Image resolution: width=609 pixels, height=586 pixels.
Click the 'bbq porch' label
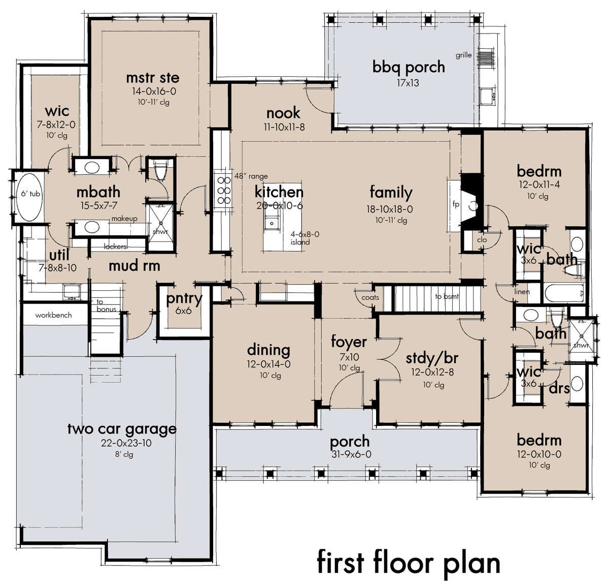(x=409, y=68)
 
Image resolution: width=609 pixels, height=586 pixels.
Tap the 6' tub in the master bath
(x=30, y=197)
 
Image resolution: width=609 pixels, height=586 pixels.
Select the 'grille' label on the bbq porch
(x=463, y=55)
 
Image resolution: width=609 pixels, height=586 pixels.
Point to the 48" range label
(x=251, y=176)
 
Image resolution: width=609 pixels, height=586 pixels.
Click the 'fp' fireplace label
(x=456, y=204)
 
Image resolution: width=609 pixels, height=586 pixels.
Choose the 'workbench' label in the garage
(x=53, y=315)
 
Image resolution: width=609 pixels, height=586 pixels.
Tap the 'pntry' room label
(x=184, y=299)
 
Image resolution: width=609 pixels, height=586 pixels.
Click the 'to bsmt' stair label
(x=447, y=296)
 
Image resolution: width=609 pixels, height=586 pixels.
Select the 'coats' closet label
(x=370, y=297)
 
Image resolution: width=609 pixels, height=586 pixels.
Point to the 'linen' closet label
(x=522, y=291)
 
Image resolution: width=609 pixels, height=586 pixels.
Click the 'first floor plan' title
(x=409, y=563)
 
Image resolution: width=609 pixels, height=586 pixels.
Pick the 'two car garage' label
(x=122, y=429)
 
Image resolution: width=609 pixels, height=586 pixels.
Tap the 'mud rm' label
(x=134, y=266)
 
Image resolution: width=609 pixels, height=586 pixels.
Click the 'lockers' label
(x=115, y=246)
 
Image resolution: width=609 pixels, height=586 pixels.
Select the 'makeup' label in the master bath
(x=124, y=219)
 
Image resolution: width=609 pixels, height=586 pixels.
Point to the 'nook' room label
(x=283, y=113)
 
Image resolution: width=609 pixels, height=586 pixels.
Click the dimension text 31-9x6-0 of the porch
(x=351, y=454)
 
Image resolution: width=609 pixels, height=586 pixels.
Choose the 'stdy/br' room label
(x=432, y=358)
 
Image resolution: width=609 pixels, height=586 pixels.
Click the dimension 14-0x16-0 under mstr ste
(x=154, y=91)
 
